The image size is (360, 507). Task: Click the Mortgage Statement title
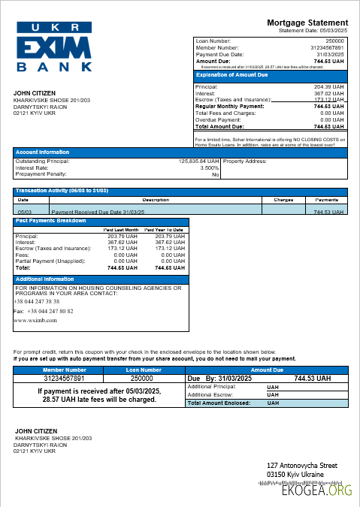307,23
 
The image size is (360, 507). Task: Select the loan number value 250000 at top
334,41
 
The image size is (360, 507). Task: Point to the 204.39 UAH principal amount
328,87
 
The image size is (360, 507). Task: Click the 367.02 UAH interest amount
328,93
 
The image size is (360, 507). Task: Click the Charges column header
283,201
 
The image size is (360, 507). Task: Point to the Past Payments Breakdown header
50,221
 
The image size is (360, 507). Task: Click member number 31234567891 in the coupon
64,379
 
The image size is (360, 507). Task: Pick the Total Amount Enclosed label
218,403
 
